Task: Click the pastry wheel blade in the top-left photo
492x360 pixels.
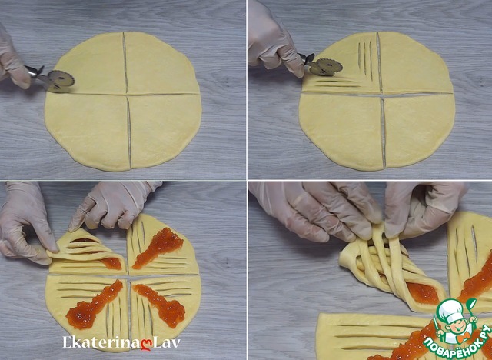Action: pos(61,80)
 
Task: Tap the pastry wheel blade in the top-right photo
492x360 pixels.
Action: pos(329,66)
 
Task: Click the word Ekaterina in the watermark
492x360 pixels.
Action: pos(101,342)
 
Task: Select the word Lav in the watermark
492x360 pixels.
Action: pos(167,342)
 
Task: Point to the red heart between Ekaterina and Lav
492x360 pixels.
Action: pos(146,344)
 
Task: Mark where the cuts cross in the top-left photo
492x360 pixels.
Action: pos(127,94)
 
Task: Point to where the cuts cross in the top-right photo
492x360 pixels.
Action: pos(381,94)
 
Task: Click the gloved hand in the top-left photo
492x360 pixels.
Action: pos(12,58)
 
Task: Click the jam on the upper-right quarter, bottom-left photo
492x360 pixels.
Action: pos(158,248)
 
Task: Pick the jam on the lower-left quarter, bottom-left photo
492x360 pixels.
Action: pos(92,305)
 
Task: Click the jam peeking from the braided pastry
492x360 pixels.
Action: pos(424,293)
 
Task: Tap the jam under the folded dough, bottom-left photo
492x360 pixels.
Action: pos(112,263)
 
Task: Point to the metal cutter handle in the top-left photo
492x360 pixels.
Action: pos(37,73)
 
